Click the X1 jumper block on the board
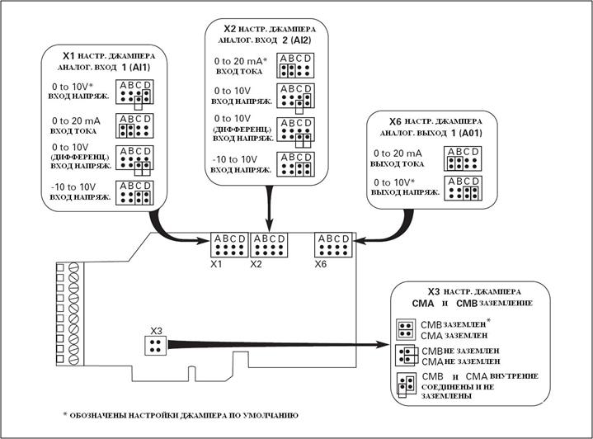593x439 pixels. (228, 246)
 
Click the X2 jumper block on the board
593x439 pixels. (268, 246)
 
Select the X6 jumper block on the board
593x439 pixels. (334, 246)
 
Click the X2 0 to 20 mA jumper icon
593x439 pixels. (294, 65)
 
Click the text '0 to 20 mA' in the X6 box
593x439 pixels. (398, 153)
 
